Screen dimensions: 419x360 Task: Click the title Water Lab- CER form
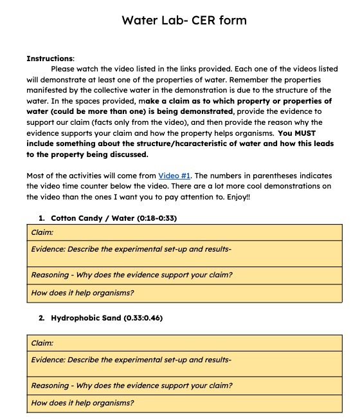tap(184, 21)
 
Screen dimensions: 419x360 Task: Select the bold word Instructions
tap(50, 59)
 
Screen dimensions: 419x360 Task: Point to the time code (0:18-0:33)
tap(157, 218)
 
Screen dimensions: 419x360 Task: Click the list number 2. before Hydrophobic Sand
tap(41, 318)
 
